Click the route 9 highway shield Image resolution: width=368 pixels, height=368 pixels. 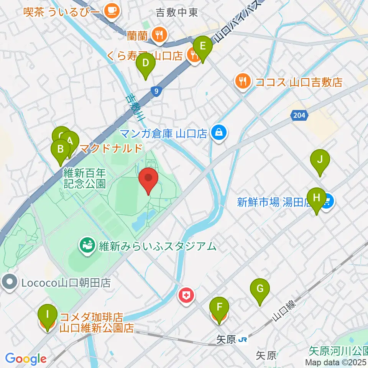(155, 91)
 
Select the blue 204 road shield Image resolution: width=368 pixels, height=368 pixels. (300, 115)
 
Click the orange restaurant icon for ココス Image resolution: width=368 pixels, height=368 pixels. (242, 81)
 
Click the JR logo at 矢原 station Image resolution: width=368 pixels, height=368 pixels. (242, 339)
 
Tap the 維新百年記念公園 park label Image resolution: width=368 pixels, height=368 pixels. (85, 177)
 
